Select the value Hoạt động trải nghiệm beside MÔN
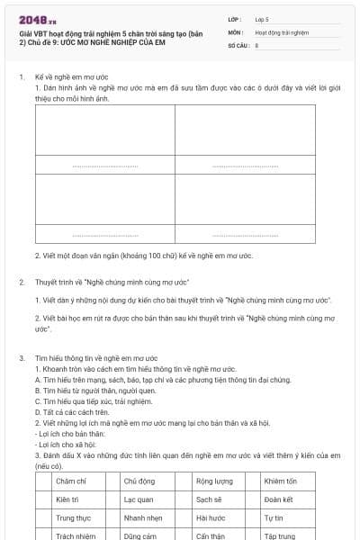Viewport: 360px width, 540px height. click(x=276, y=31)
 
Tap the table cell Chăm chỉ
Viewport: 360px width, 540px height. click(x=70, y=481)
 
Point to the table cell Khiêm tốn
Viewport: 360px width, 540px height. click(x=281, y=481)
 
